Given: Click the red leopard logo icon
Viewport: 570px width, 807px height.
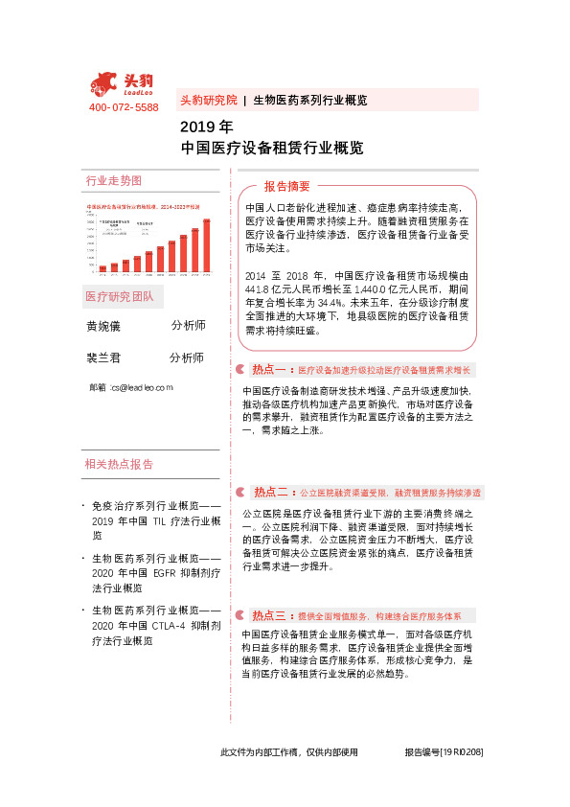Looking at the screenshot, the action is [x=105, y=83].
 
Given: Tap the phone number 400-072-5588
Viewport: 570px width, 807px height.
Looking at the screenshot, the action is [x=124, y=107].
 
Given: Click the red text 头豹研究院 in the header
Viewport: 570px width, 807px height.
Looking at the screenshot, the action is [x=208, y=100].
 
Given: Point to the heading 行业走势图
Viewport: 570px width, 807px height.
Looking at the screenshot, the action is [x=114, y=180].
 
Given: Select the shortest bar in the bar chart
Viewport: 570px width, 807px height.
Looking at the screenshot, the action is [x=103, y=268].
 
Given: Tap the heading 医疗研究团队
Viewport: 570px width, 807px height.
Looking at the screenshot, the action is [x=119, y=295].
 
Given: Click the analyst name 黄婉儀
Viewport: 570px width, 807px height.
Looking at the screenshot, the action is [x=104, y=326].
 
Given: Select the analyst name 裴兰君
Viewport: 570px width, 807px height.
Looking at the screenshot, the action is [x=104, y=358].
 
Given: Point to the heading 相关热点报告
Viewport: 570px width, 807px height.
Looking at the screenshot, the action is [x=119, y=465].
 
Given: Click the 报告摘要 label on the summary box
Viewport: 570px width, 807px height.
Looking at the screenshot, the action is [x=286, y=186].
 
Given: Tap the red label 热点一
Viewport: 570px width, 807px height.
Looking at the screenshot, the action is [x=270, y=369].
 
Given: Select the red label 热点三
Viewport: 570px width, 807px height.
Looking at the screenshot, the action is [x=270, y=615].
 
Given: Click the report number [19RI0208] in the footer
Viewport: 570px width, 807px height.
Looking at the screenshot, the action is [x=461, y=753].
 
